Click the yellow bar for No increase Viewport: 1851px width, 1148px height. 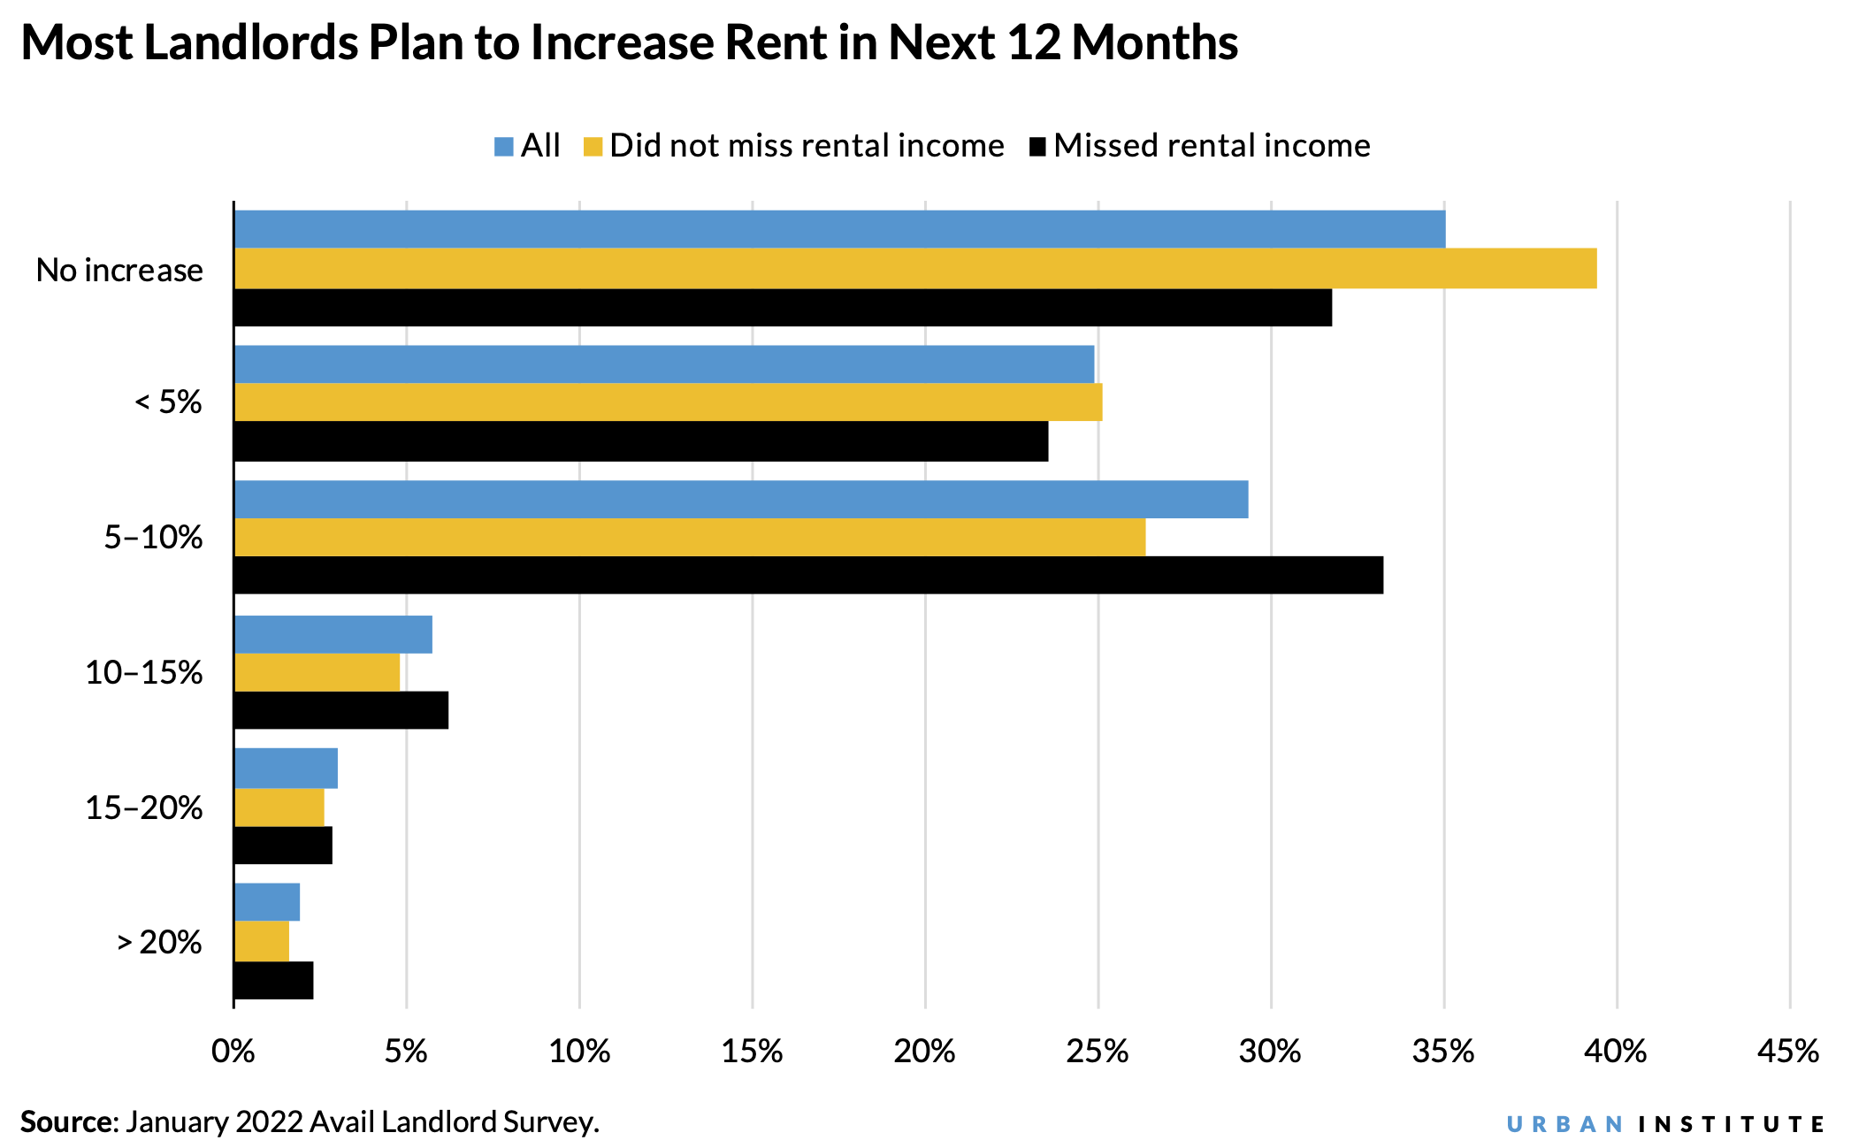pos(915,268)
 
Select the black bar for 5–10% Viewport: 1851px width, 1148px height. pos(808,575)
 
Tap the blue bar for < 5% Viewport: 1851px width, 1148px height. pos(663,364)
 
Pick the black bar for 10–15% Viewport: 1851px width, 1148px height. pos(341,710)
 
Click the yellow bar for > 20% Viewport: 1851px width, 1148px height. pos(262,941)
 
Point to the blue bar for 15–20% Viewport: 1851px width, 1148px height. pos(286,768)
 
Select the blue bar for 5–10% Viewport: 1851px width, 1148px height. pos(741,499)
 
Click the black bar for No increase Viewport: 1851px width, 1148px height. pos(783,307)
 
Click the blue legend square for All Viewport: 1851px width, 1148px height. pos(504,147)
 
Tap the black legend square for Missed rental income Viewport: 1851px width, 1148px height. pos(1037,147)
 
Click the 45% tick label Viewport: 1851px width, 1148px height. pos(1788,1052)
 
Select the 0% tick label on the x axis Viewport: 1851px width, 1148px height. pos(233,1052)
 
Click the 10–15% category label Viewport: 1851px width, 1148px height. pos(144,673)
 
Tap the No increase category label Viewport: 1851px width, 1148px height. pos(119,270)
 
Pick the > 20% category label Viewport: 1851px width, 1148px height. pos(160,943)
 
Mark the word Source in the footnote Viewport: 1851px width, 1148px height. pos(67,1121)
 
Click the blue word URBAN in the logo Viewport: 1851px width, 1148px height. pos(1564,1124)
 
